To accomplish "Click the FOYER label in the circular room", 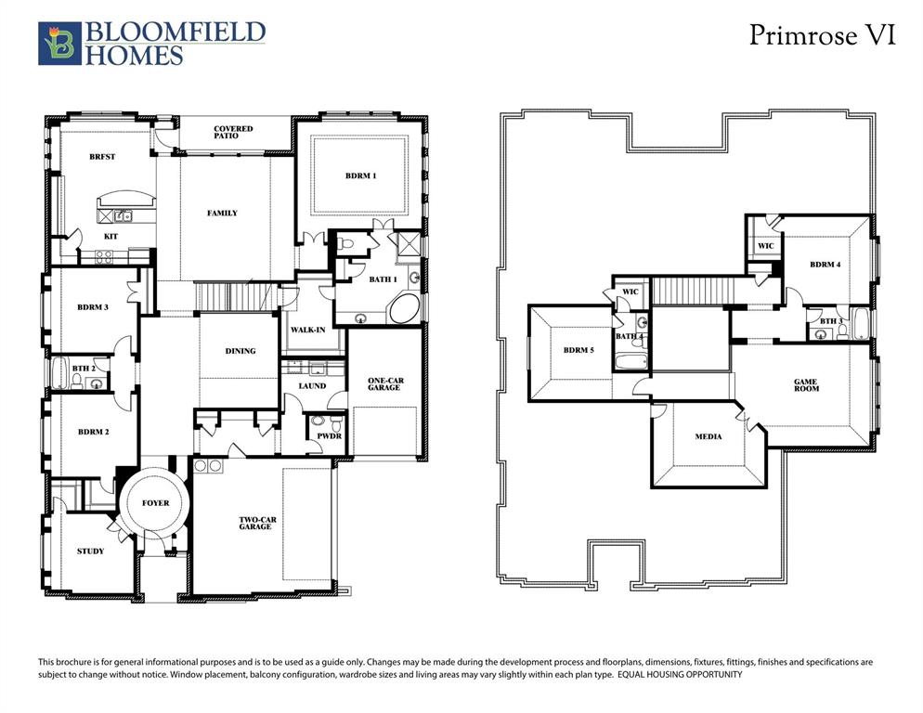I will tap(156, 503).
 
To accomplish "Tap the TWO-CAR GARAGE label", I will tap(255, 523).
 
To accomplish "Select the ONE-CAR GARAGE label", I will tap(383, 383).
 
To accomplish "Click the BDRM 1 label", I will tap(361, 175).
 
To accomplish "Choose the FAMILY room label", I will tap(222, 214).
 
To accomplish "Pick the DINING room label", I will tap(240, 351).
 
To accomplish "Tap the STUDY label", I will tap(90, 551).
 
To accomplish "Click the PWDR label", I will tap(328, 434).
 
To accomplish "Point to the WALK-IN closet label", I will tap(307, 331).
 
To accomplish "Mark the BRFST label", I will tap(102, 157).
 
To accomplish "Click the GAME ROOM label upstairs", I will tap(805, 385).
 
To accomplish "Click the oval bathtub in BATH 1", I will tap(404, 309).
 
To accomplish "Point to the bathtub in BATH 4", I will tap(631, 360).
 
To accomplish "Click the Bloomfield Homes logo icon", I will tap(59, 44).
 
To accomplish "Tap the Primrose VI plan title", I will tap(822, 35).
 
